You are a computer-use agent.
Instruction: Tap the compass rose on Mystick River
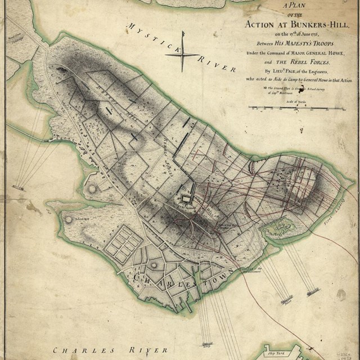point(182,55)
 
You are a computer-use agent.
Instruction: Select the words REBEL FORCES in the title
point(310,62)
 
